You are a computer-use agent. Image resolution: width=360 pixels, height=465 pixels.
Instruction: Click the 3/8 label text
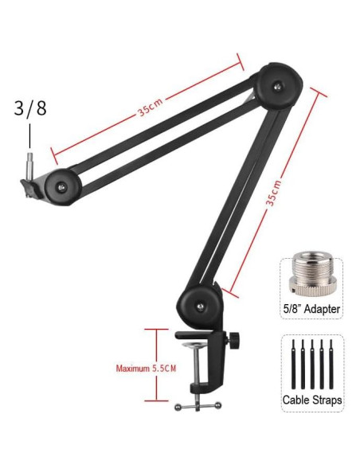(x=30, y=108)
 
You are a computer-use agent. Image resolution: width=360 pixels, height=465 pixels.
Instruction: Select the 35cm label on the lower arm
(x=273, y=193)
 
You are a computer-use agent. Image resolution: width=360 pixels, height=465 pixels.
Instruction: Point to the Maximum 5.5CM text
(x=146, y=369)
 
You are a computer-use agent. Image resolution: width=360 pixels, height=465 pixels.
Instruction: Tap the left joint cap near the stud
(x=61, y=187)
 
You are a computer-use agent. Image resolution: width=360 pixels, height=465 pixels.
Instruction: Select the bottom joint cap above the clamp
(x=199, y=306)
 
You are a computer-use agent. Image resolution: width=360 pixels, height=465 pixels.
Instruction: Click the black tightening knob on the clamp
(x=234, y=339)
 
